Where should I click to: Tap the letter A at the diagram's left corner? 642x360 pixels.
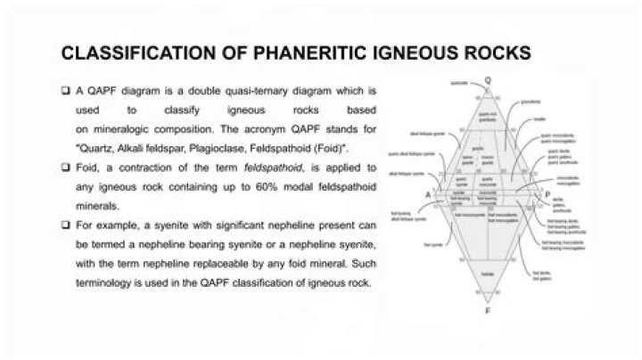point(402,193)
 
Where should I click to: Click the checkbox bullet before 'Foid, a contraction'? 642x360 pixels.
point(67,168)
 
